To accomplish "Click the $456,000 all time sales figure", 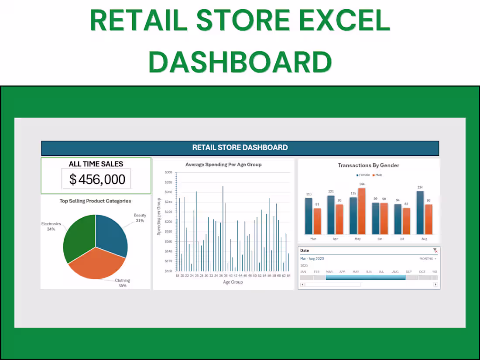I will point(97,179).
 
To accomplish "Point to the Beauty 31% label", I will point(140,218).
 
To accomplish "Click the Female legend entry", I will point(363,175).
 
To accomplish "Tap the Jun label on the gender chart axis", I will point(380,239).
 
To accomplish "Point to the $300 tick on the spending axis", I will point(168,172).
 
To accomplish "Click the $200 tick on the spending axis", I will point(168,222).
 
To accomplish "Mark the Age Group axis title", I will point(233,282).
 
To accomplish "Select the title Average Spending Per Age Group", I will point(223,165).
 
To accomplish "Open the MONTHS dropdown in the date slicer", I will point(428,259).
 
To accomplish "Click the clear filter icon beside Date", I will point(435,250).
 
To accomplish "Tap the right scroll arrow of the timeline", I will point(435,285).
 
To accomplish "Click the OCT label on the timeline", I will point(422,272).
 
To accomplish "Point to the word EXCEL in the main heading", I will point(340,20).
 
